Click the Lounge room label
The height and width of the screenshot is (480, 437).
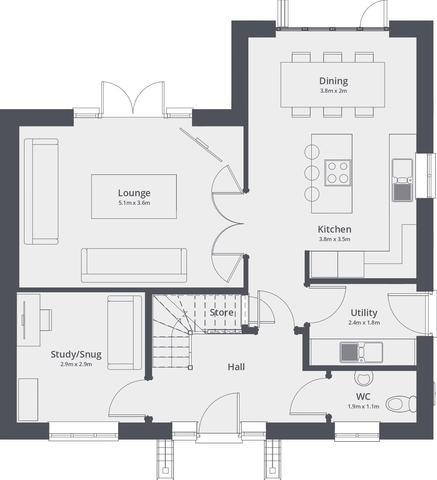(134, 193)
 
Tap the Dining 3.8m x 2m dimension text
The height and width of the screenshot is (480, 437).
(333, 91)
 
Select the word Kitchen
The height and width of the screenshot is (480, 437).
(334, 229)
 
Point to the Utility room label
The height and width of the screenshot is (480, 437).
(364, 313)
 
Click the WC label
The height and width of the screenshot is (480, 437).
(363, 397)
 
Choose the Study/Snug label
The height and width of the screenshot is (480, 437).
(76, 355)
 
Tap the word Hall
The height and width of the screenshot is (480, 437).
(236, 367)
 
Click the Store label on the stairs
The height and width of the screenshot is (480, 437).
(222, 312)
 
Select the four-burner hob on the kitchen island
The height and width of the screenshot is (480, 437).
(338, 172)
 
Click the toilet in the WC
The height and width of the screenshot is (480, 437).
(400, 404)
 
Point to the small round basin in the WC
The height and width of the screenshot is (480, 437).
(362, 378)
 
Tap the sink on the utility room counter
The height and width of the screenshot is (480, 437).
(361, 352)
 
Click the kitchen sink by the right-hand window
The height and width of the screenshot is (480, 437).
(402, 180)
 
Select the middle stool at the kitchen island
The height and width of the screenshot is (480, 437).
(312, 172)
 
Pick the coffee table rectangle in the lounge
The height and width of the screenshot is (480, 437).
(134, 196)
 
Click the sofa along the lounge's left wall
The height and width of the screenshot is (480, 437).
(41, 191)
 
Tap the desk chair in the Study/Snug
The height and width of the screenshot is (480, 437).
(46, 320)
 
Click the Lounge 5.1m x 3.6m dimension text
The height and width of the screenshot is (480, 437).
(134, 203)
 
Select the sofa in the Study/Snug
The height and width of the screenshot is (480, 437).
(125, 332)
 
